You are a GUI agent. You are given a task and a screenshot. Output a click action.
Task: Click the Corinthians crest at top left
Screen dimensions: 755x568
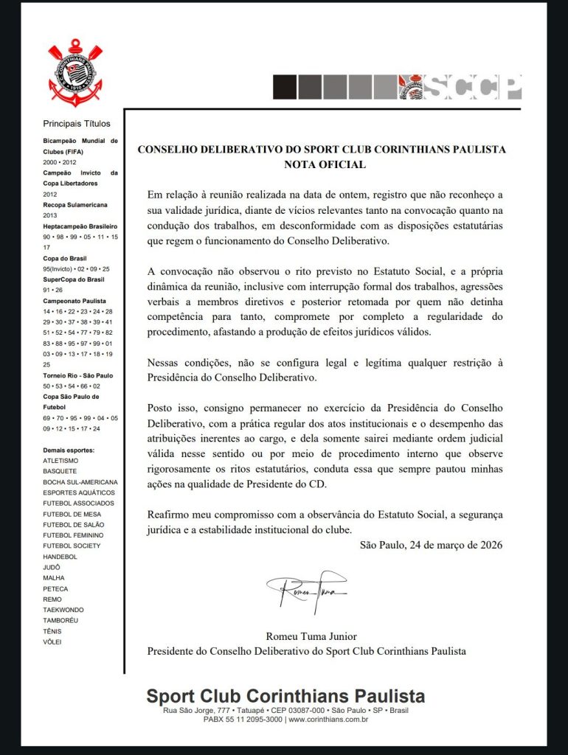coord(72,72)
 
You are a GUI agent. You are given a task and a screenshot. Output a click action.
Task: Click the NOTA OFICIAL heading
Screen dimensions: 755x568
coord(325,164)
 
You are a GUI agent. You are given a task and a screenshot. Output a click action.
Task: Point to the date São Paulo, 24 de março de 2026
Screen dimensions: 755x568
coord(431,546)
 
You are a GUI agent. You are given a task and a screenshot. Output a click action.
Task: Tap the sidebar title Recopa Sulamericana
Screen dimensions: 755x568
coord(75,205)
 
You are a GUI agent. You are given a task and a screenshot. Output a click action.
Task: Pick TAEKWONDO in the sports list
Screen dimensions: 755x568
coord(63,610)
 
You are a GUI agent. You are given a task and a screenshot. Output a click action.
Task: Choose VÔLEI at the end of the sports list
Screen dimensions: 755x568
coord(53,642)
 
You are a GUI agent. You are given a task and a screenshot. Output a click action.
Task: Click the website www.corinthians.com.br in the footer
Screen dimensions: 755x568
coord(328,719)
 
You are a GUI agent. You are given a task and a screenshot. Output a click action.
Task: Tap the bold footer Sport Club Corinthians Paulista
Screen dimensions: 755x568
coord(285,697)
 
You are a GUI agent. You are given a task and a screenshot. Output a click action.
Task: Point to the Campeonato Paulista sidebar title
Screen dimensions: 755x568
coord(75,302)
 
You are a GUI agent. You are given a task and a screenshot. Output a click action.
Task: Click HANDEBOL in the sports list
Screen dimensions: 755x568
coord(60,557)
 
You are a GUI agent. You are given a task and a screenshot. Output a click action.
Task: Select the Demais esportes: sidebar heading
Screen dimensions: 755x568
coord(69,450)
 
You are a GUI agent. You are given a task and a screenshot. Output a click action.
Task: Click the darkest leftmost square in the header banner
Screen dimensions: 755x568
coord(284,87)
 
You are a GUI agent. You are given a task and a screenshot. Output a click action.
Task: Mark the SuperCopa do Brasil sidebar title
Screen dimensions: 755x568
coord(75,280)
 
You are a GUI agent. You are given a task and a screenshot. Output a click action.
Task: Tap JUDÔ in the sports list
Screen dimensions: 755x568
coord(52,567)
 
